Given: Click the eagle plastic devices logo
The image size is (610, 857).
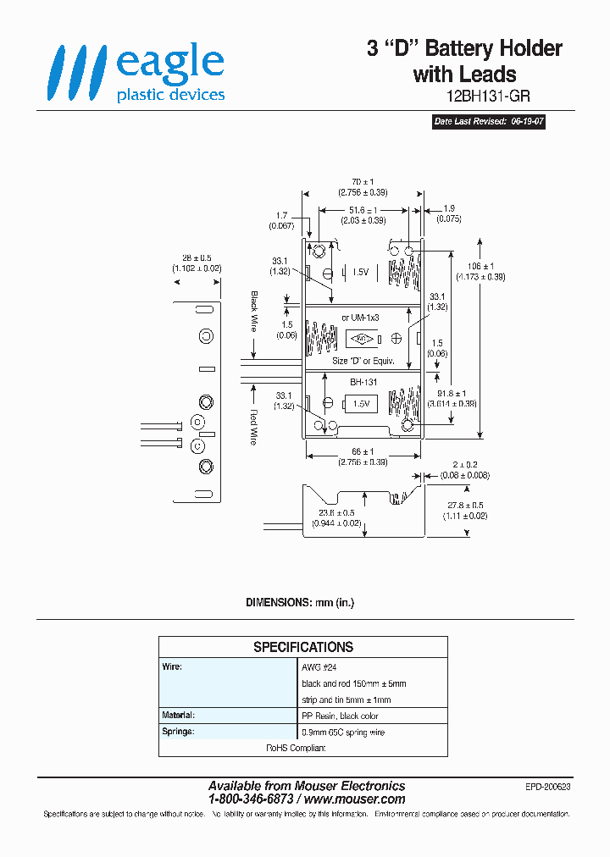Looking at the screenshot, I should click(x=136, y=74).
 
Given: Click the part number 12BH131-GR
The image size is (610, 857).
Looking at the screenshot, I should click(x=487, y=97).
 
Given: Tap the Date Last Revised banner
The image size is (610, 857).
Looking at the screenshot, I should click(x=489, y=122).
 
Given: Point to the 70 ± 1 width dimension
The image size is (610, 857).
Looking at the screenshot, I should click(x=362, y=182).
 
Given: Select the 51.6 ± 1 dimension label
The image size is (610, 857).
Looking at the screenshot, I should click(x=363, y=210).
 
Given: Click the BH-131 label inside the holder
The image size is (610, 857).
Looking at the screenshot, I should click(x=363, y=383).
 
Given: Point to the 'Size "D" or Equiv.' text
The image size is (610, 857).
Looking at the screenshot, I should click(x=364, y=362).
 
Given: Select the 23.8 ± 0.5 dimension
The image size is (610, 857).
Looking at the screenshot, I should click(x=338, y=512).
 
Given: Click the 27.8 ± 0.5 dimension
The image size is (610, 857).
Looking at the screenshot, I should click(x=468, y=505).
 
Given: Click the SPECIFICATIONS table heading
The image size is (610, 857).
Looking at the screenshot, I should click(x=303, y=647).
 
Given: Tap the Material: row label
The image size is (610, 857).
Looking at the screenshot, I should click(x=179, y=716).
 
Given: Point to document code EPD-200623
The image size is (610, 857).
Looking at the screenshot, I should click(x=548, y=787).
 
